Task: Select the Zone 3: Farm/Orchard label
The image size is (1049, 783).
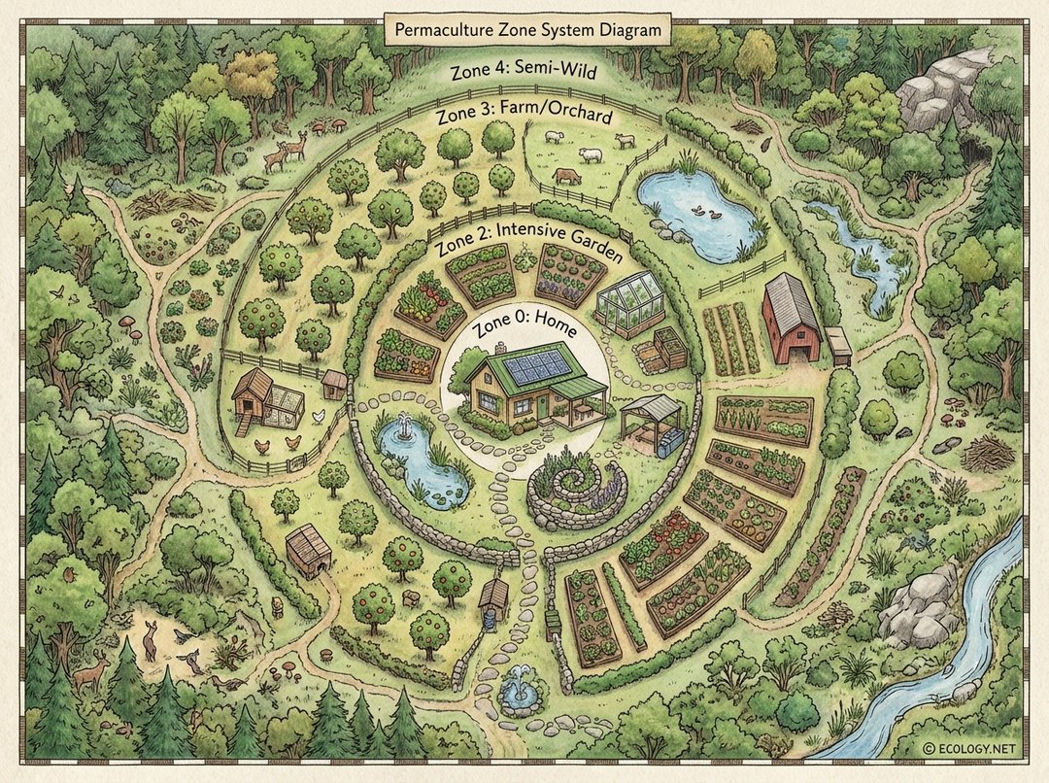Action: click(524, 117)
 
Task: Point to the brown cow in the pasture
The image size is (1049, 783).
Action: click(566, 176)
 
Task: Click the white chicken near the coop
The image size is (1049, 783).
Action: click(319, 416)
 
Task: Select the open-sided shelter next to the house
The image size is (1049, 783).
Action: click(652, 420)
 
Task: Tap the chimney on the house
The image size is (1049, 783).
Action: click(500, 348)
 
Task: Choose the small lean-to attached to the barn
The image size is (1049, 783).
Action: click(837, 345)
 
